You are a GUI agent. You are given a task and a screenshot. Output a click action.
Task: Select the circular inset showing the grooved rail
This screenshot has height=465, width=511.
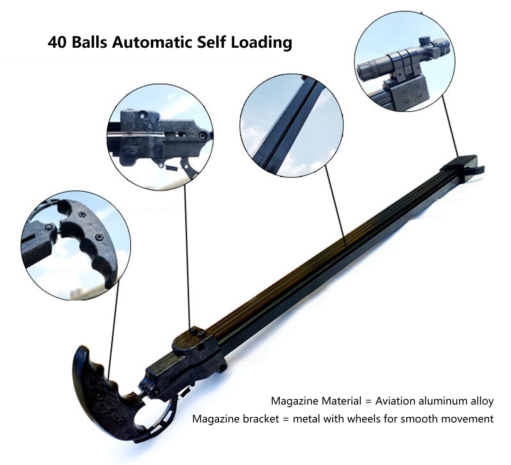[292, 125]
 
